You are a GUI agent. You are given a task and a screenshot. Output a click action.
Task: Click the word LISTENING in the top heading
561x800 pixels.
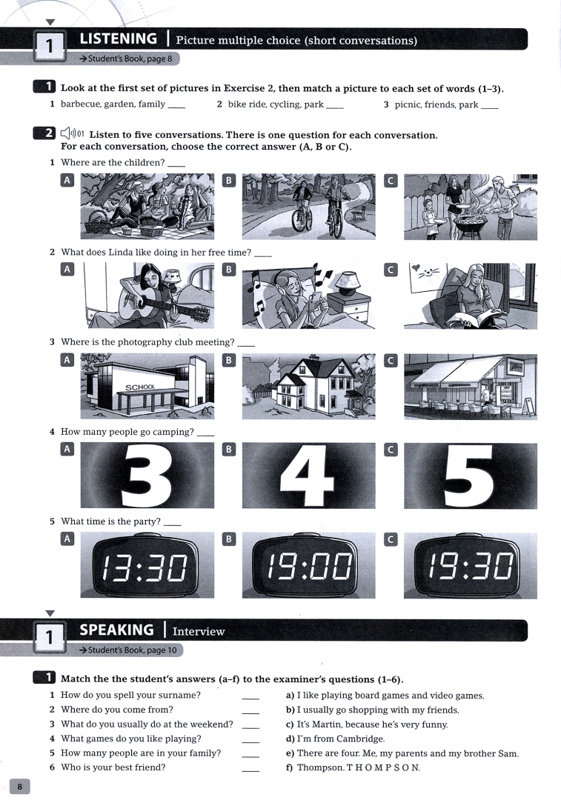118,39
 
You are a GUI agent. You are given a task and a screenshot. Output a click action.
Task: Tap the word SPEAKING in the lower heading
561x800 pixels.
116,630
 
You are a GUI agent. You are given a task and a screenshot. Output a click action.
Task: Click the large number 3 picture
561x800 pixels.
147,475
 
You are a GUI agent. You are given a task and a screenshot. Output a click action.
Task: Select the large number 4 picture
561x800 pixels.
309,475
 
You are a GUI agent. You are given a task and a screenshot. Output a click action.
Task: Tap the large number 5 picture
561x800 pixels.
470,475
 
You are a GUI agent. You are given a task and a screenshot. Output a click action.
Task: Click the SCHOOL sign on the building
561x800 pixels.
140,387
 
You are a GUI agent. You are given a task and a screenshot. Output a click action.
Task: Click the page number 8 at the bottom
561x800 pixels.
20,786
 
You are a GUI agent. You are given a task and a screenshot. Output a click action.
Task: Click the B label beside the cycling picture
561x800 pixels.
229,180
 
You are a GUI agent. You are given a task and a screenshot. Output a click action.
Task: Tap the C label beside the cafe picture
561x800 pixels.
391,360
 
